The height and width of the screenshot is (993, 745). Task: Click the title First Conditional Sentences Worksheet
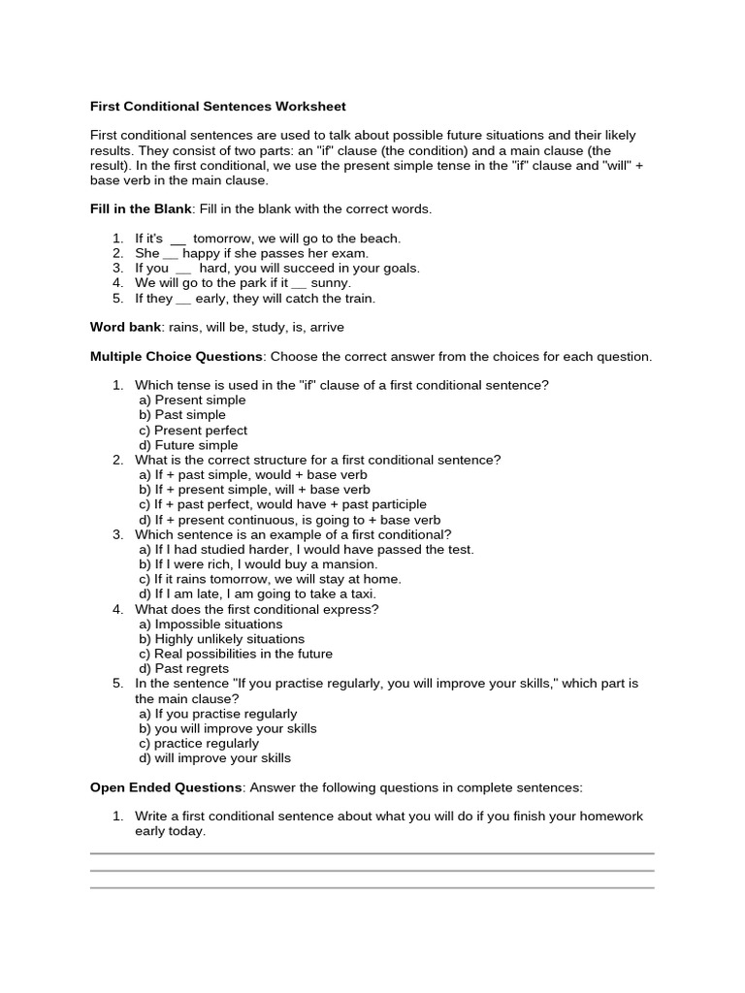coord(217,106)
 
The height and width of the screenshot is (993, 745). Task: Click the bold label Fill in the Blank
coord(141,208)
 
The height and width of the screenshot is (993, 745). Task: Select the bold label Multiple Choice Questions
coord(177,356)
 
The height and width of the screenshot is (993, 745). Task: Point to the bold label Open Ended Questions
coord(165,786)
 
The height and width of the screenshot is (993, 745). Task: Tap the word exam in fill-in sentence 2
coord(348,253)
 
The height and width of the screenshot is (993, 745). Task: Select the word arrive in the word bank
coord(325,327)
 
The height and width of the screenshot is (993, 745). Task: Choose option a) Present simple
coord(192,400)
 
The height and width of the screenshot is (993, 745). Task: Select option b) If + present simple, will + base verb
coord(254,490)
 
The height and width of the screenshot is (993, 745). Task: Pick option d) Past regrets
coord(184,668)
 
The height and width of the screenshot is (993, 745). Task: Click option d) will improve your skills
coord(214,757)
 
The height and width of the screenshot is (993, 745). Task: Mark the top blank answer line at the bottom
coord(372,853)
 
